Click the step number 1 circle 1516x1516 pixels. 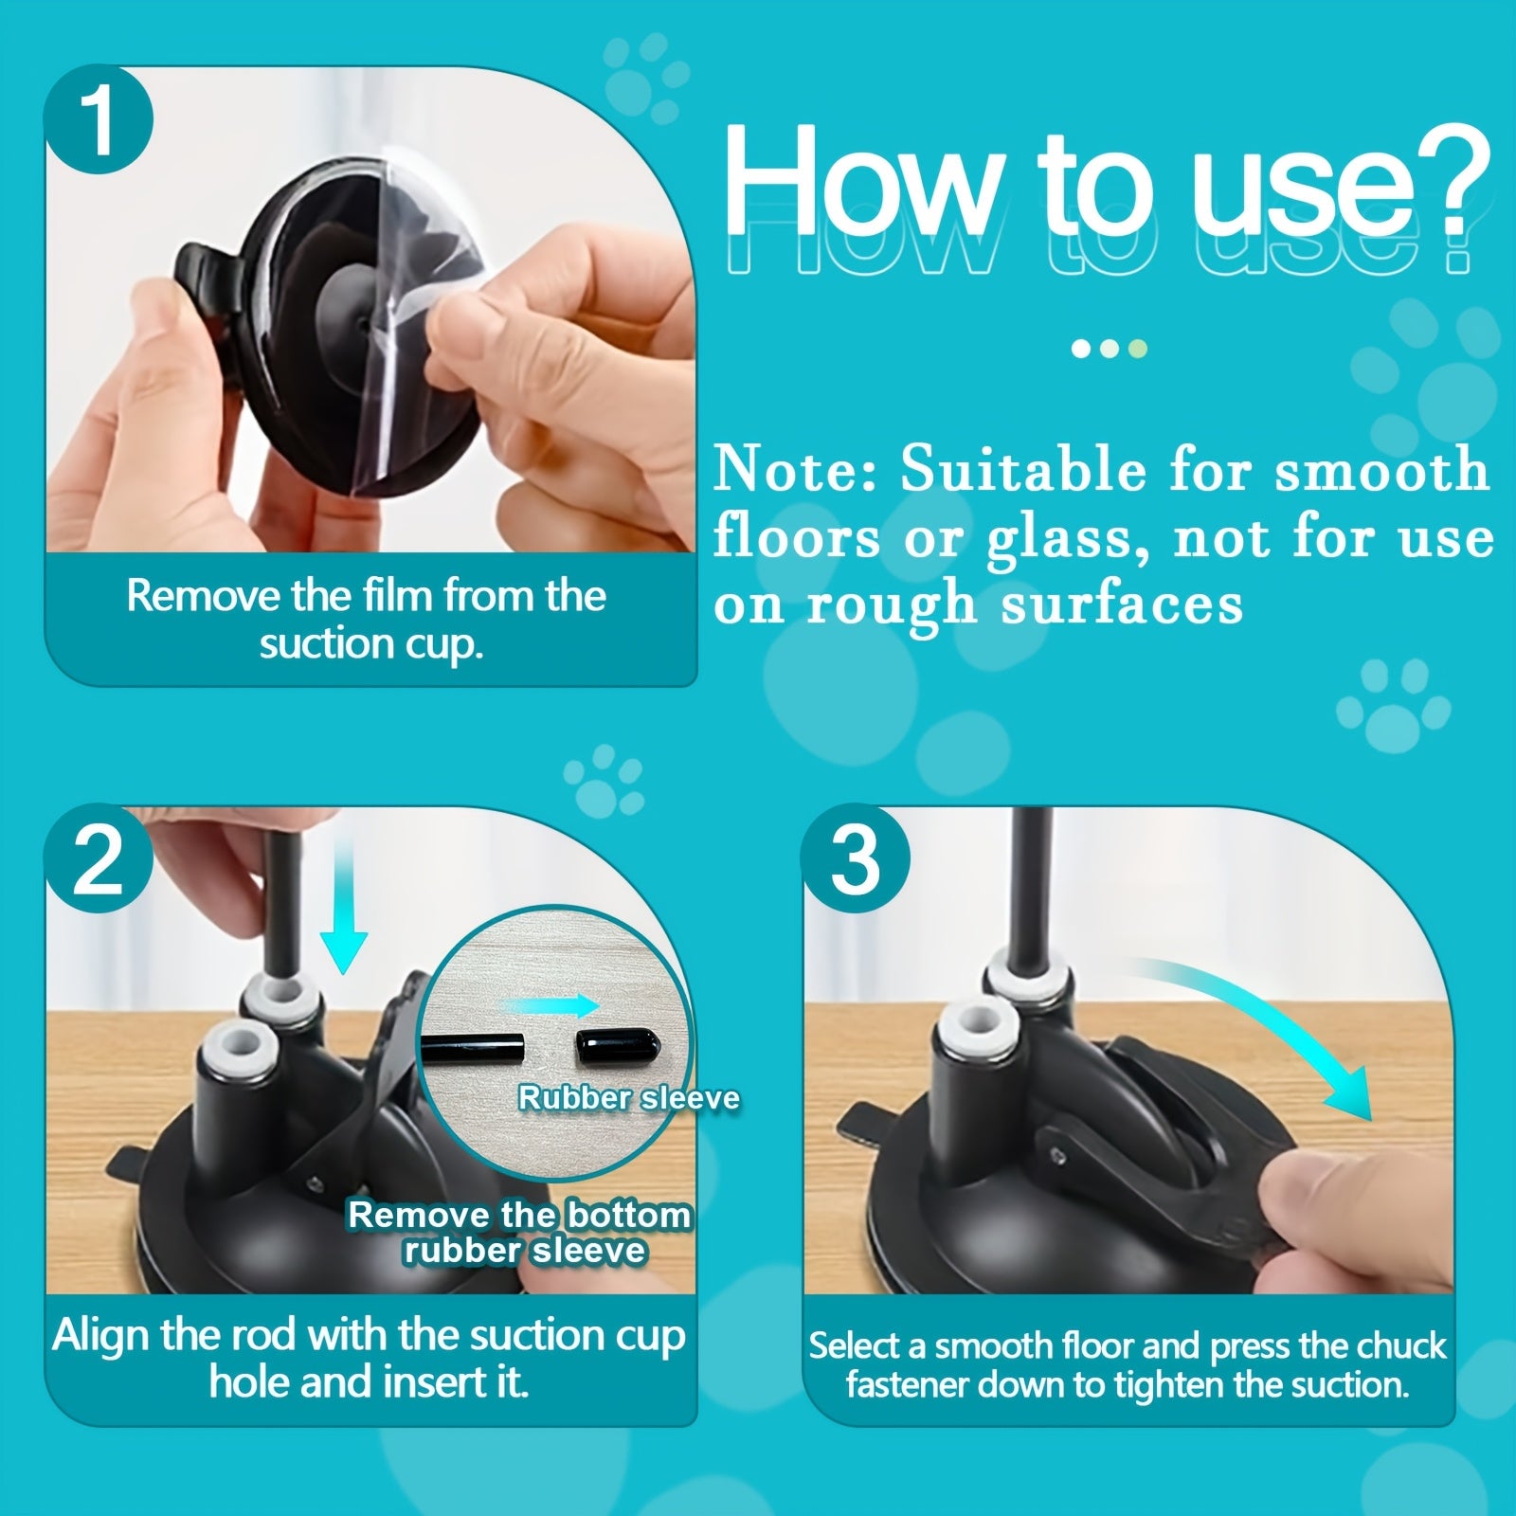(x=99, y=120)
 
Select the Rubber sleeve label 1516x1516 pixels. (x=628, y=1097)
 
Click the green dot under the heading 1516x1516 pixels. (x=1138, y=349)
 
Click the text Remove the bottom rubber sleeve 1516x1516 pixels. (x=521, y=1232)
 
